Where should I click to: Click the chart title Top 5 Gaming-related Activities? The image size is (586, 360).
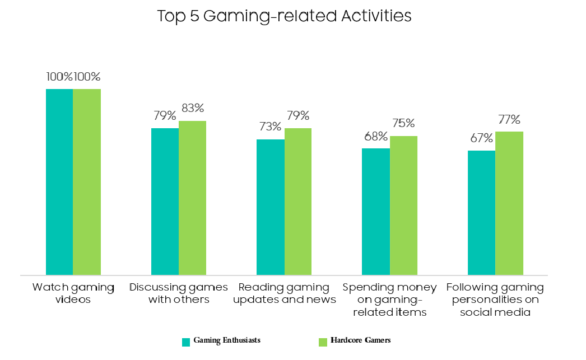point(284,16)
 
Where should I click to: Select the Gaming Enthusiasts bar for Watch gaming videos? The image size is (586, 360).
point(59,182)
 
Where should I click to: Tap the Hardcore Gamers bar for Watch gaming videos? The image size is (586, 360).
point(87,182)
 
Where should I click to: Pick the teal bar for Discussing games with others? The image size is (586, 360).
point(165,202)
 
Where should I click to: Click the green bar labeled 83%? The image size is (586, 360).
point(192,198)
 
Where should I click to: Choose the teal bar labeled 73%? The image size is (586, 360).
point(271,207)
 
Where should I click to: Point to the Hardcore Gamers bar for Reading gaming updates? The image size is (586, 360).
point(298,202)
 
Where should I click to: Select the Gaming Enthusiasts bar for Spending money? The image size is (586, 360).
point(376,212)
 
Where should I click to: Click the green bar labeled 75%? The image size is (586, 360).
point(403,205)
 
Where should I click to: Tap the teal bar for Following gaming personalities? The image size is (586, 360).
point(481,213)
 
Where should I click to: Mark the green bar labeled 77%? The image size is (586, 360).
point(509,203)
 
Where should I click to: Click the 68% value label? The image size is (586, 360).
point(376,137)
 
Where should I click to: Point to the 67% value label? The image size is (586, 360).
point(481,138)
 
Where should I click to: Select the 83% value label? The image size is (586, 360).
point(192,108)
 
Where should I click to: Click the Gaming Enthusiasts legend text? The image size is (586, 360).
point(227,340)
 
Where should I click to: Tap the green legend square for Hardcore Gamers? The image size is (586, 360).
point(322,341)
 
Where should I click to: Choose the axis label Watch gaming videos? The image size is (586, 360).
point(73,293)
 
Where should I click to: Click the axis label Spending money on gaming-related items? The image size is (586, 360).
point(390,300)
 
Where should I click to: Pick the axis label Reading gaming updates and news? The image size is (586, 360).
point(284,293)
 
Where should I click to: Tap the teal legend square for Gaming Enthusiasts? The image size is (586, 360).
point(186,341)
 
